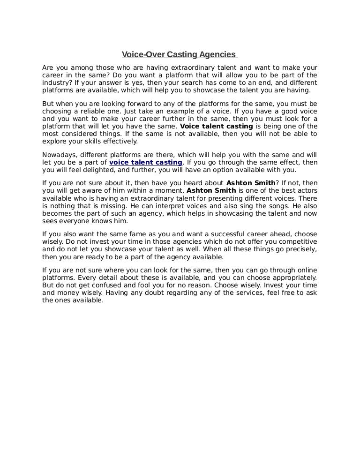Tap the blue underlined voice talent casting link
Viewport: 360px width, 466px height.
pyautogui.click(x=145, y=162)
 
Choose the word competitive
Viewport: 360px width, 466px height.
pyautogui.click(x=294, y=241)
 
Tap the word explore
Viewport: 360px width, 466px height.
pyautogui.click(x=54, y=141)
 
